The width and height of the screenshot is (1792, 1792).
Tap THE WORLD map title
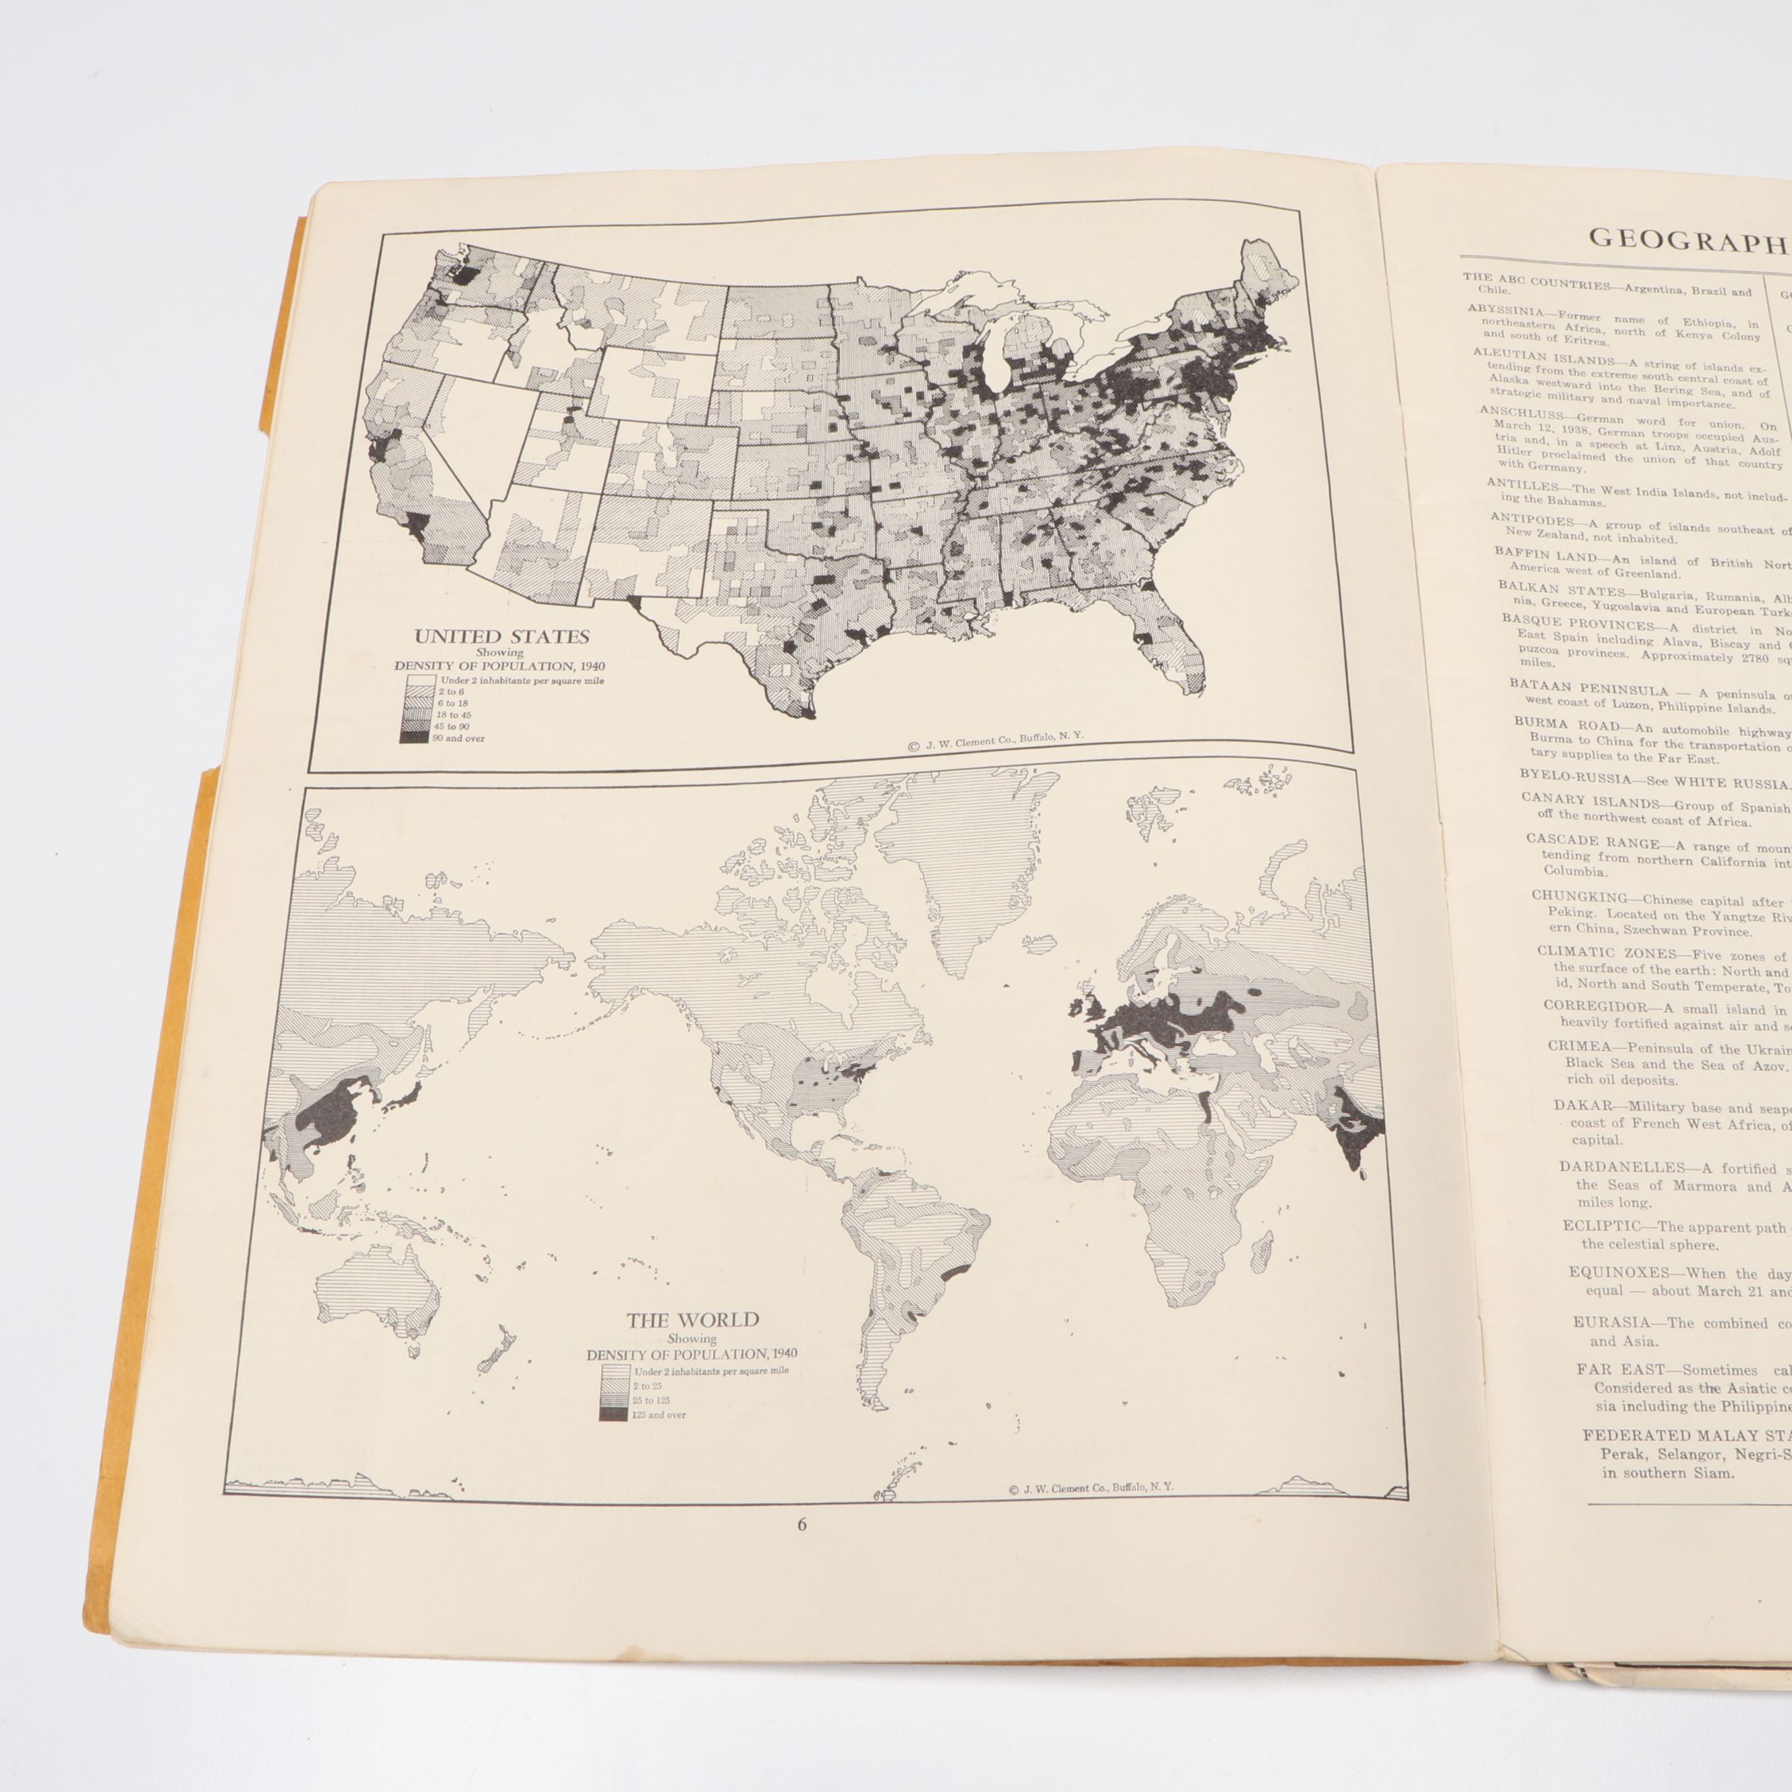[x=692, y=1320]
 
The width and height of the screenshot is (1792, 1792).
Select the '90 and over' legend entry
[x=451, y=738]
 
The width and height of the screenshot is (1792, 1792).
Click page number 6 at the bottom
[x=802, y=1525]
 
